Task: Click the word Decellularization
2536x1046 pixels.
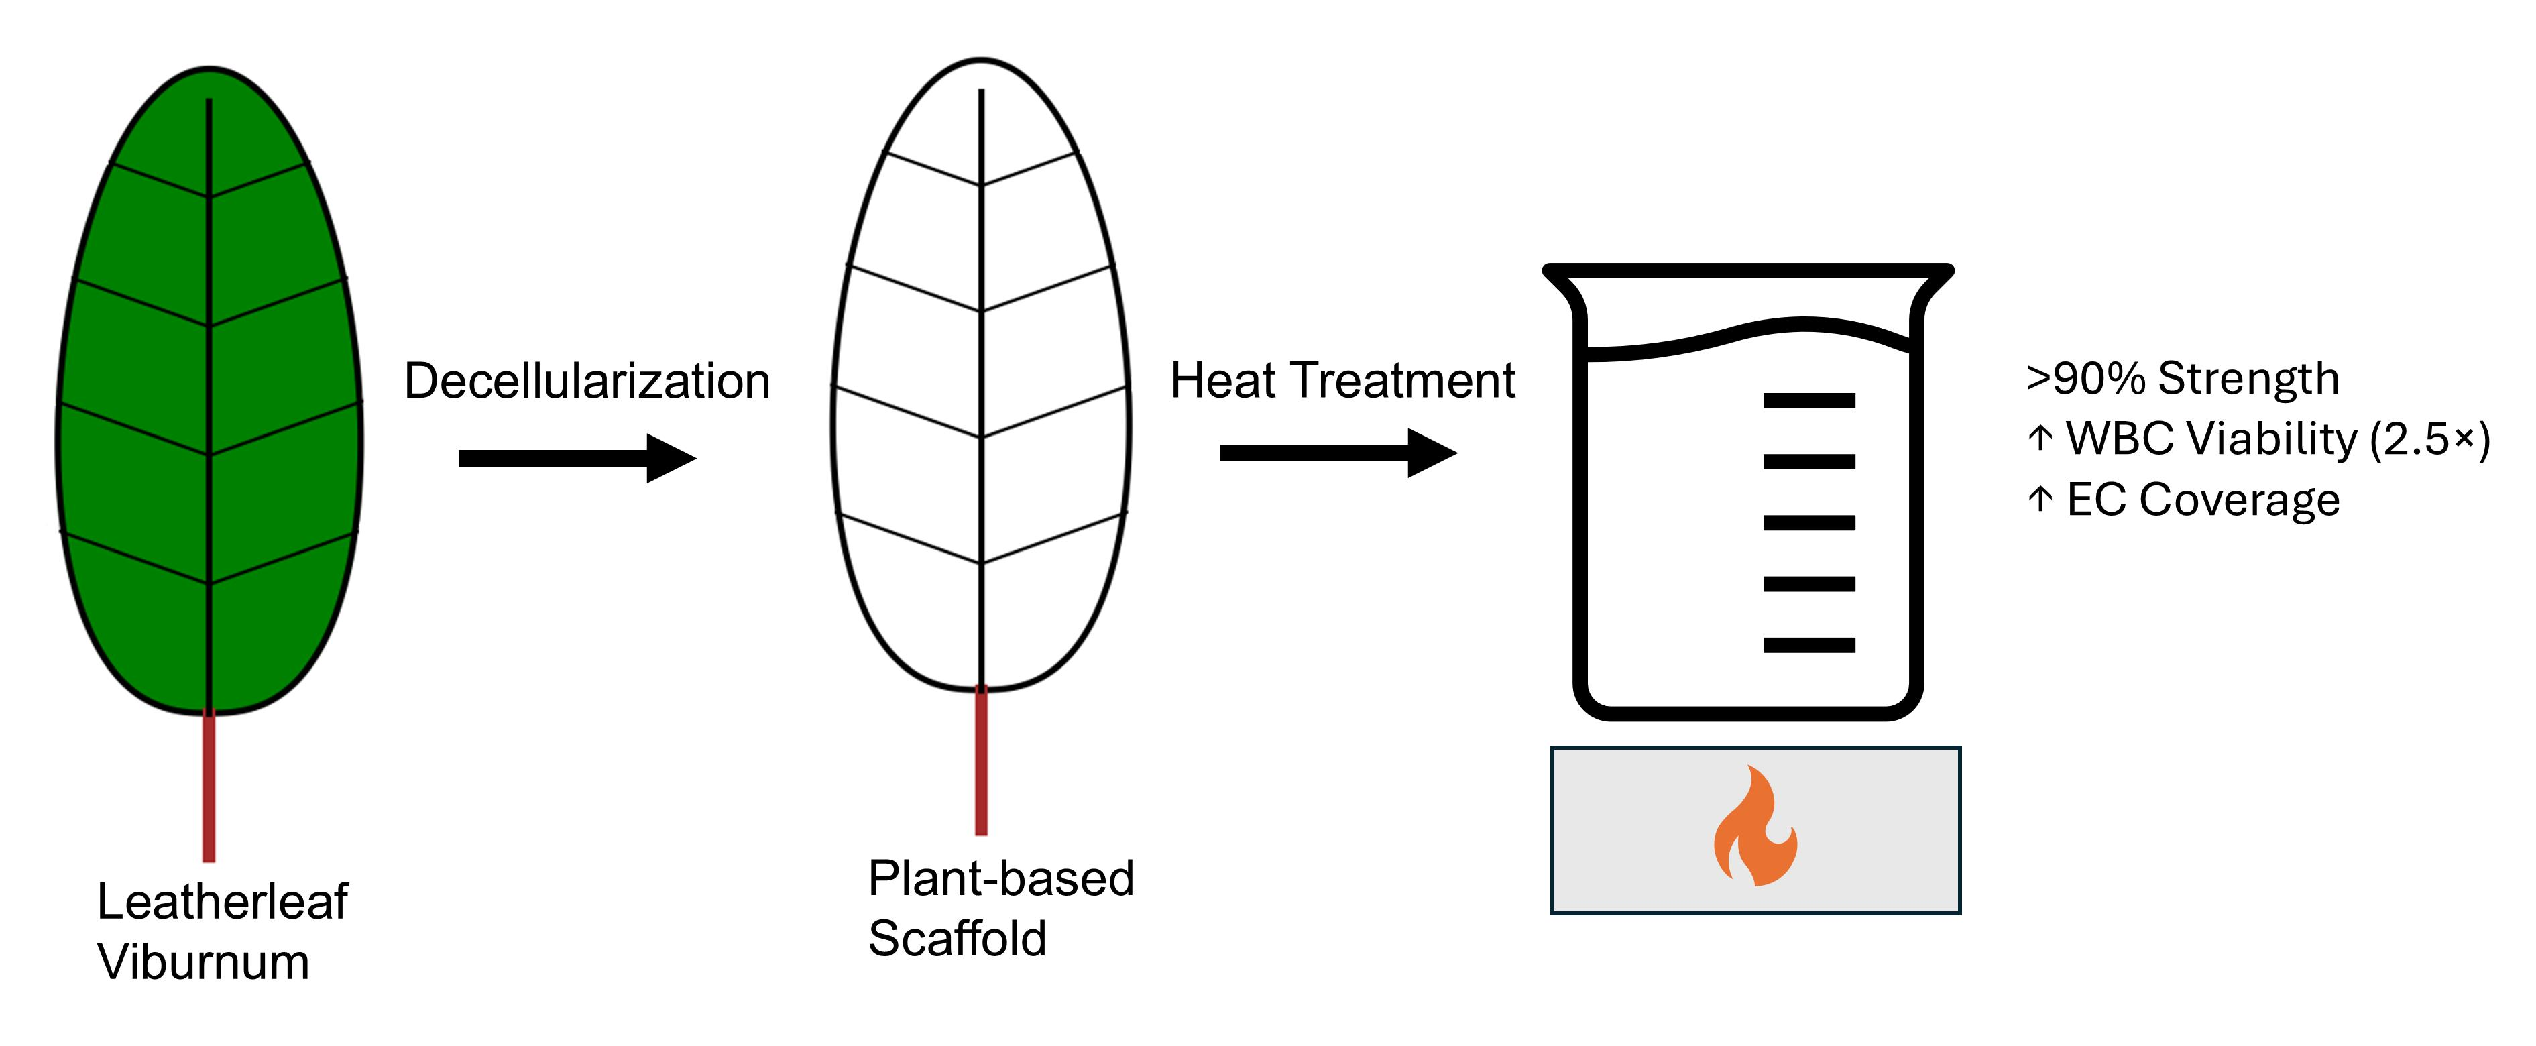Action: point(587,381)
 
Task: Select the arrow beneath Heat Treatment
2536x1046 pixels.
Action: point(1337,453)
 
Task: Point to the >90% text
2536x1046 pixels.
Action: point(2085,378)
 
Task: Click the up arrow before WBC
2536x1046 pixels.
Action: point(2040,439)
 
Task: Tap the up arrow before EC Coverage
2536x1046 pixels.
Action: point(2040,500)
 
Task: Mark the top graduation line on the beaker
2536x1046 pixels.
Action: point(1808,400)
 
